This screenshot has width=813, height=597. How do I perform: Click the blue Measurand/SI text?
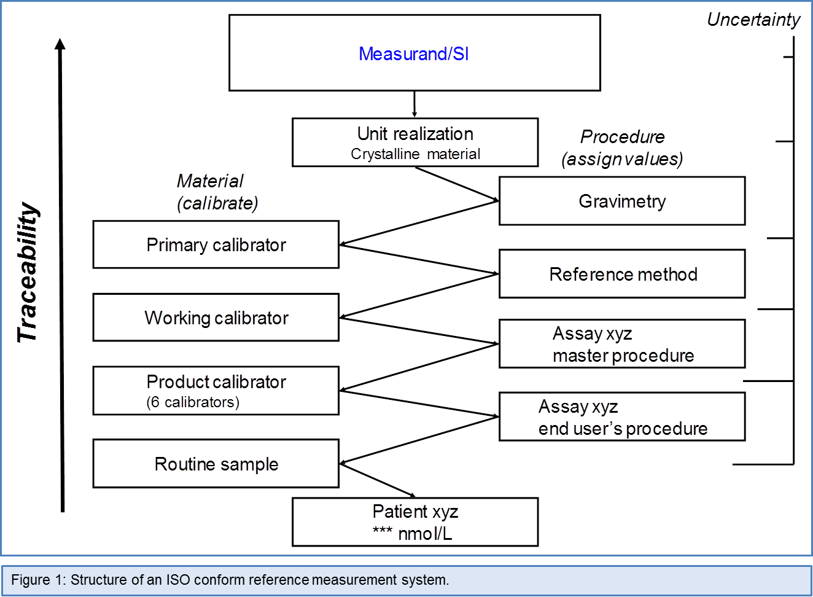(413, 54)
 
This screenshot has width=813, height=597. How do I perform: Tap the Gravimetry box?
(622, 201)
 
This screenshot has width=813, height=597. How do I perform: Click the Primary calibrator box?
(216, 245)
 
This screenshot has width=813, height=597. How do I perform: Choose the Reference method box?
(622, 274)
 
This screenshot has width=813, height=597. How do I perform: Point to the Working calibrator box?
(216, 318)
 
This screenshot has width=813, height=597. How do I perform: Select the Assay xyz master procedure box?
(622, 344)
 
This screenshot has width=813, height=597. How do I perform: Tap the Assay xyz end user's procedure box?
(622, 417)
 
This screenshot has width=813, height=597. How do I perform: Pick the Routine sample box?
(216, 464)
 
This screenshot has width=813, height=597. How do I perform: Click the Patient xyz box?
(415, 522)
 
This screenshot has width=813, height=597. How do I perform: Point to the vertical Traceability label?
(28, 273)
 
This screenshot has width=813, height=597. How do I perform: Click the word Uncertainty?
(753, 20)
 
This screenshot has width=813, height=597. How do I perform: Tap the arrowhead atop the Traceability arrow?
(60, 44)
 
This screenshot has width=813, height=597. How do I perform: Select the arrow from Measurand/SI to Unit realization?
(414, 104)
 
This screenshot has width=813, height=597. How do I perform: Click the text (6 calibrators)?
(193, 402)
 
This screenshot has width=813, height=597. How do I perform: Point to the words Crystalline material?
(415, 154)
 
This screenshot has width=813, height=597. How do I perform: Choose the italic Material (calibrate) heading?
(217, 192)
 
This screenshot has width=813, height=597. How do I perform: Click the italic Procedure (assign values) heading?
(622, 148)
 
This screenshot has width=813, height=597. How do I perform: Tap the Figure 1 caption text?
(230, 580)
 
